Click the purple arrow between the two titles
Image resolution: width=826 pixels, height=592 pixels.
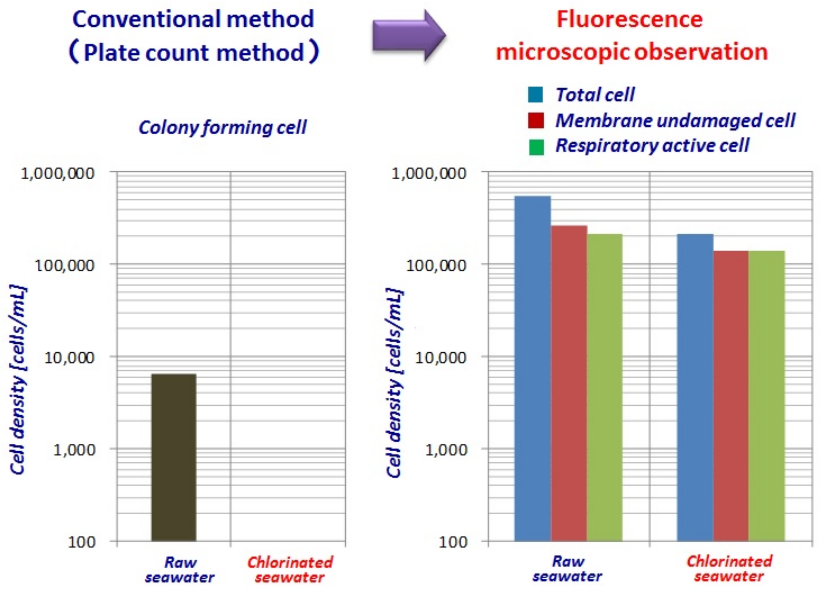pos(408,35)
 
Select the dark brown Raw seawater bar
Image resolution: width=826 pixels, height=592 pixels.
pos(174,457)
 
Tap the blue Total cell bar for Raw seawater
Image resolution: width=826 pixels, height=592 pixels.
pos(532,368)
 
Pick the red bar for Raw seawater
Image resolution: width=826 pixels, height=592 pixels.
pos(569,382)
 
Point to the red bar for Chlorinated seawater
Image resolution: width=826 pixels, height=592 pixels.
pos(730,395)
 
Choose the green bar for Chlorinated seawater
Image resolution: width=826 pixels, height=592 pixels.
pos(766,395)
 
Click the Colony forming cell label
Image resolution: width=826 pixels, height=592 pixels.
pos(223,128)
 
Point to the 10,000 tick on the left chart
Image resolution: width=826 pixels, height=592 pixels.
pos(69,357)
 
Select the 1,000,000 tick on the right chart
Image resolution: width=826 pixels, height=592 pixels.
pos(428,173)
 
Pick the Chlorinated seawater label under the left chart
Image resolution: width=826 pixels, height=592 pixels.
pos(290,569)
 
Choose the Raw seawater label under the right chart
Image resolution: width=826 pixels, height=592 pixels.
pos(567,569)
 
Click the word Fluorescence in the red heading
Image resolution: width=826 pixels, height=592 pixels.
pos(629,19)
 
